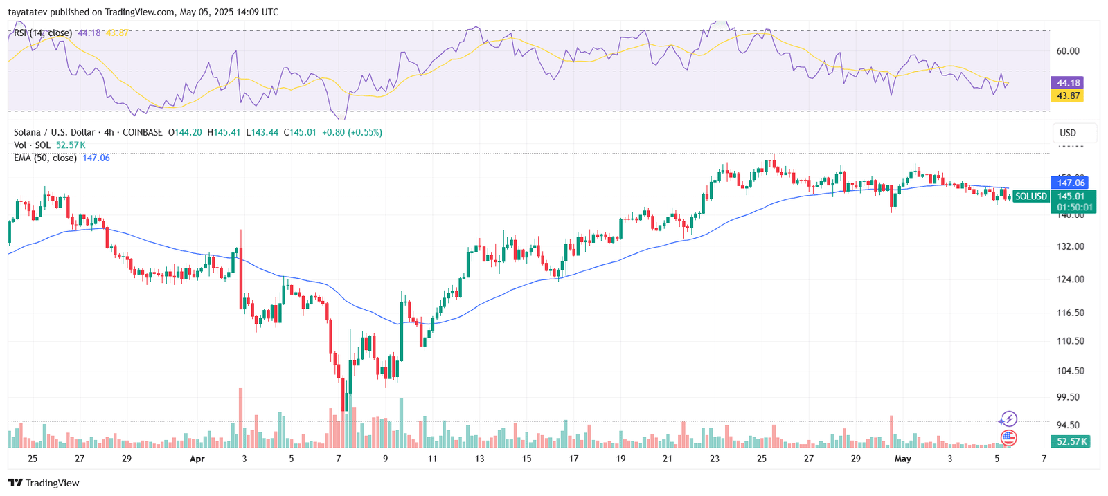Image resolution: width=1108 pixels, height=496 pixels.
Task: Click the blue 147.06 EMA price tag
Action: click(1070, 183)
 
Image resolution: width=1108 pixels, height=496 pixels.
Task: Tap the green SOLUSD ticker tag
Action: click(1030, 196)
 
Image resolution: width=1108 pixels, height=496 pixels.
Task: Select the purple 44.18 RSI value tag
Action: click(1067, 83)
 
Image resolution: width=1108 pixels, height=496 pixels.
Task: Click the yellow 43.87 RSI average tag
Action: click(1067, 95)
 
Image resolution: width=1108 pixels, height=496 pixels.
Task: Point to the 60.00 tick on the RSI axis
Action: click(1068, 51)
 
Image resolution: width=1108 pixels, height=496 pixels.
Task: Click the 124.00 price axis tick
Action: click(1071, 279)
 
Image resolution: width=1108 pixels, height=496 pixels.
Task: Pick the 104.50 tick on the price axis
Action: click(1071, 371)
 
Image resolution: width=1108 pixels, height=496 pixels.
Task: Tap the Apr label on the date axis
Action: click(197, 459)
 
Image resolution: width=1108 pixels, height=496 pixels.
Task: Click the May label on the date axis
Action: click(903, 459)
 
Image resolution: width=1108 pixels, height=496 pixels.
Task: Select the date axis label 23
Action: click(715, 459)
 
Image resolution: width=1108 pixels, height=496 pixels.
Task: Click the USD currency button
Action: click(1068, 133)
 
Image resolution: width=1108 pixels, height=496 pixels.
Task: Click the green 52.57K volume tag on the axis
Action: click(1070, 441)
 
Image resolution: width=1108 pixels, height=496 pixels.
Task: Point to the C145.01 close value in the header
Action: click(300, 132)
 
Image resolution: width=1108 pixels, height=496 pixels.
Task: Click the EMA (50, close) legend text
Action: click(45, 158)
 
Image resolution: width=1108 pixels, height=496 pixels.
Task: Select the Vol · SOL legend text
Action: click(32, 145)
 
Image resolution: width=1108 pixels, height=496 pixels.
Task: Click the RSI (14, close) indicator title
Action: click(43, 33)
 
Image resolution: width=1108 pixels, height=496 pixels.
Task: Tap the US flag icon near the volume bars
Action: click(1008, 437)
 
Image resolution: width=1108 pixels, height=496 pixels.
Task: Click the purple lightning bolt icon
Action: click(1008, 419)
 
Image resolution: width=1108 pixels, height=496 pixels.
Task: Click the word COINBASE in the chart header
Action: click(143, 132)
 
